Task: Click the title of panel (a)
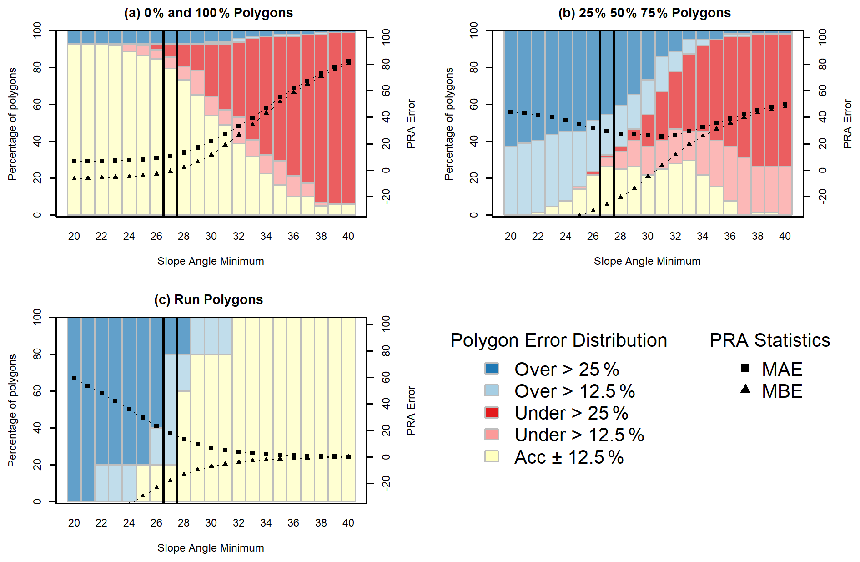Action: (208, 13)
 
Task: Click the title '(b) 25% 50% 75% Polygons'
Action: (644, 13)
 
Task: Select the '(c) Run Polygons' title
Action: (208, 299)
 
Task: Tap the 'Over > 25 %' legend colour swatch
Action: (492, 369)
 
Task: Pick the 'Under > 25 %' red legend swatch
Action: (492, 412)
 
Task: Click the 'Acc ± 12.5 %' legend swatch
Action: (492, 456)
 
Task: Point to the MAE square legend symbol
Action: (745, 368)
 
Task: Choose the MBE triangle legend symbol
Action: (745, 390)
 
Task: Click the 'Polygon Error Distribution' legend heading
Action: (558, 340)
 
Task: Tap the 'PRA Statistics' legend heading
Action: (769, 340)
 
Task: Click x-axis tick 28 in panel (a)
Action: (184, 236)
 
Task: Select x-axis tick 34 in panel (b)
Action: (703, 236)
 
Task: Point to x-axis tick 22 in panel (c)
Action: (101, 523)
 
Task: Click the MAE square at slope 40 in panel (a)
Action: (348, 62)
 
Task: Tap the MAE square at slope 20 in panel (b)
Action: (511, 111)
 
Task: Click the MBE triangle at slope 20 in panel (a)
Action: (74, 178)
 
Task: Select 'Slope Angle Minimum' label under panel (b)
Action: (647, 261)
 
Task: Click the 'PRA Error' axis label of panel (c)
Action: (411, 410)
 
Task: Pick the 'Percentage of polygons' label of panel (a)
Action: (12, 124)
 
